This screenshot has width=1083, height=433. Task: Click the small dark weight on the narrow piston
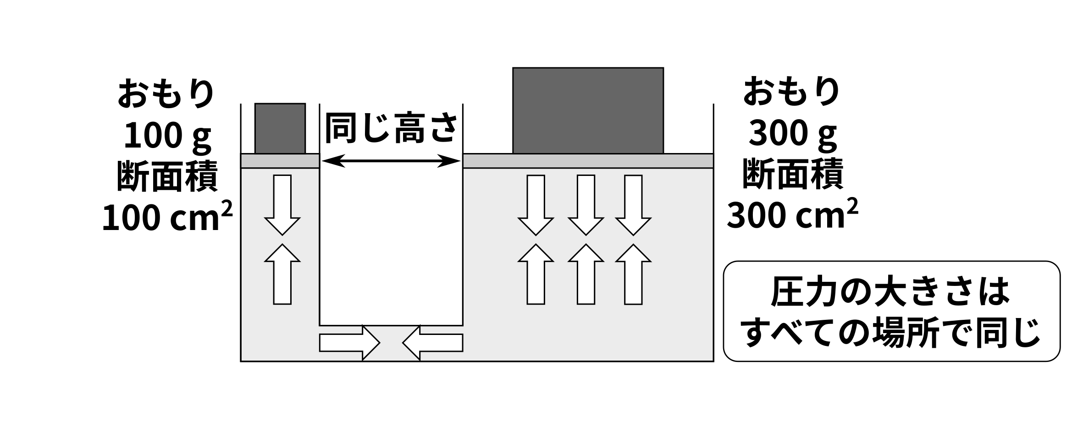coord(280,129)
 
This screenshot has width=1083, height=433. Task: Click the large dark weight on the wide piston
coord(588,110)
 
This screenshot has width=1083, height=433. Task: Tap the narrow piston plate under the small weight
coord(280,161)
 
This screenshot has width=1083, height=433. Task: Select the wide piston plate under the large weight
coord(588,161)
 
